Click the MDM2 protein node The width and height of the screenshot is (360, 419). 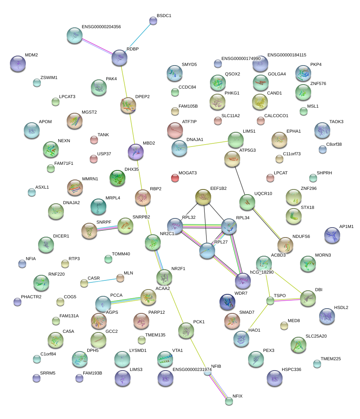click(x=17, y=63)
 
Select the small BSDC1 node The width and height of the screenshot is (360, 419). click(x=153, y=21)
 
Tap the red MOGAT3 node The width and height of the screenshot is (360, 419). click(x=175, y=178)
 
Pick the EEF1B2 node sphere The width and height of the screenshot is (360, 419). click(x=203, y=197)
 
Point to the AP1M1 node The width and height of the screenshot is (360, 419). click(x=332, y=235)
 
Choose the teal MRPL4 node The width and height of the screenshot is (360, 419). click(x=98, y=206)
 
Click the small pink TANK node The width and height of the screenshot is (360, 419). click(x=94, y=139)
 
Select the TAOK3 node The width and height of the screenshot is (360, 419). click(x=322, y=129)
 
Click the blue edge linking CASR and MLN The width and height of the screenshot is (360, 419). click(x=102, y=280)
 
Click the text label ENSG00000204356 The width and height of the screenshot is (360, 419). click(x=101, y=27)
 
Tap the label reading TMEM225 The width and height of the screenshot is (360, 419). click(x=331, y=359)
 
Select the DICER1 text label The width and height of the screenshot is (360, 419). click(x=61, y=236)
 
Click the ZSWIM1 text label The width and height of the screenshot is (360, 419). click(x=49, y=77)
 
